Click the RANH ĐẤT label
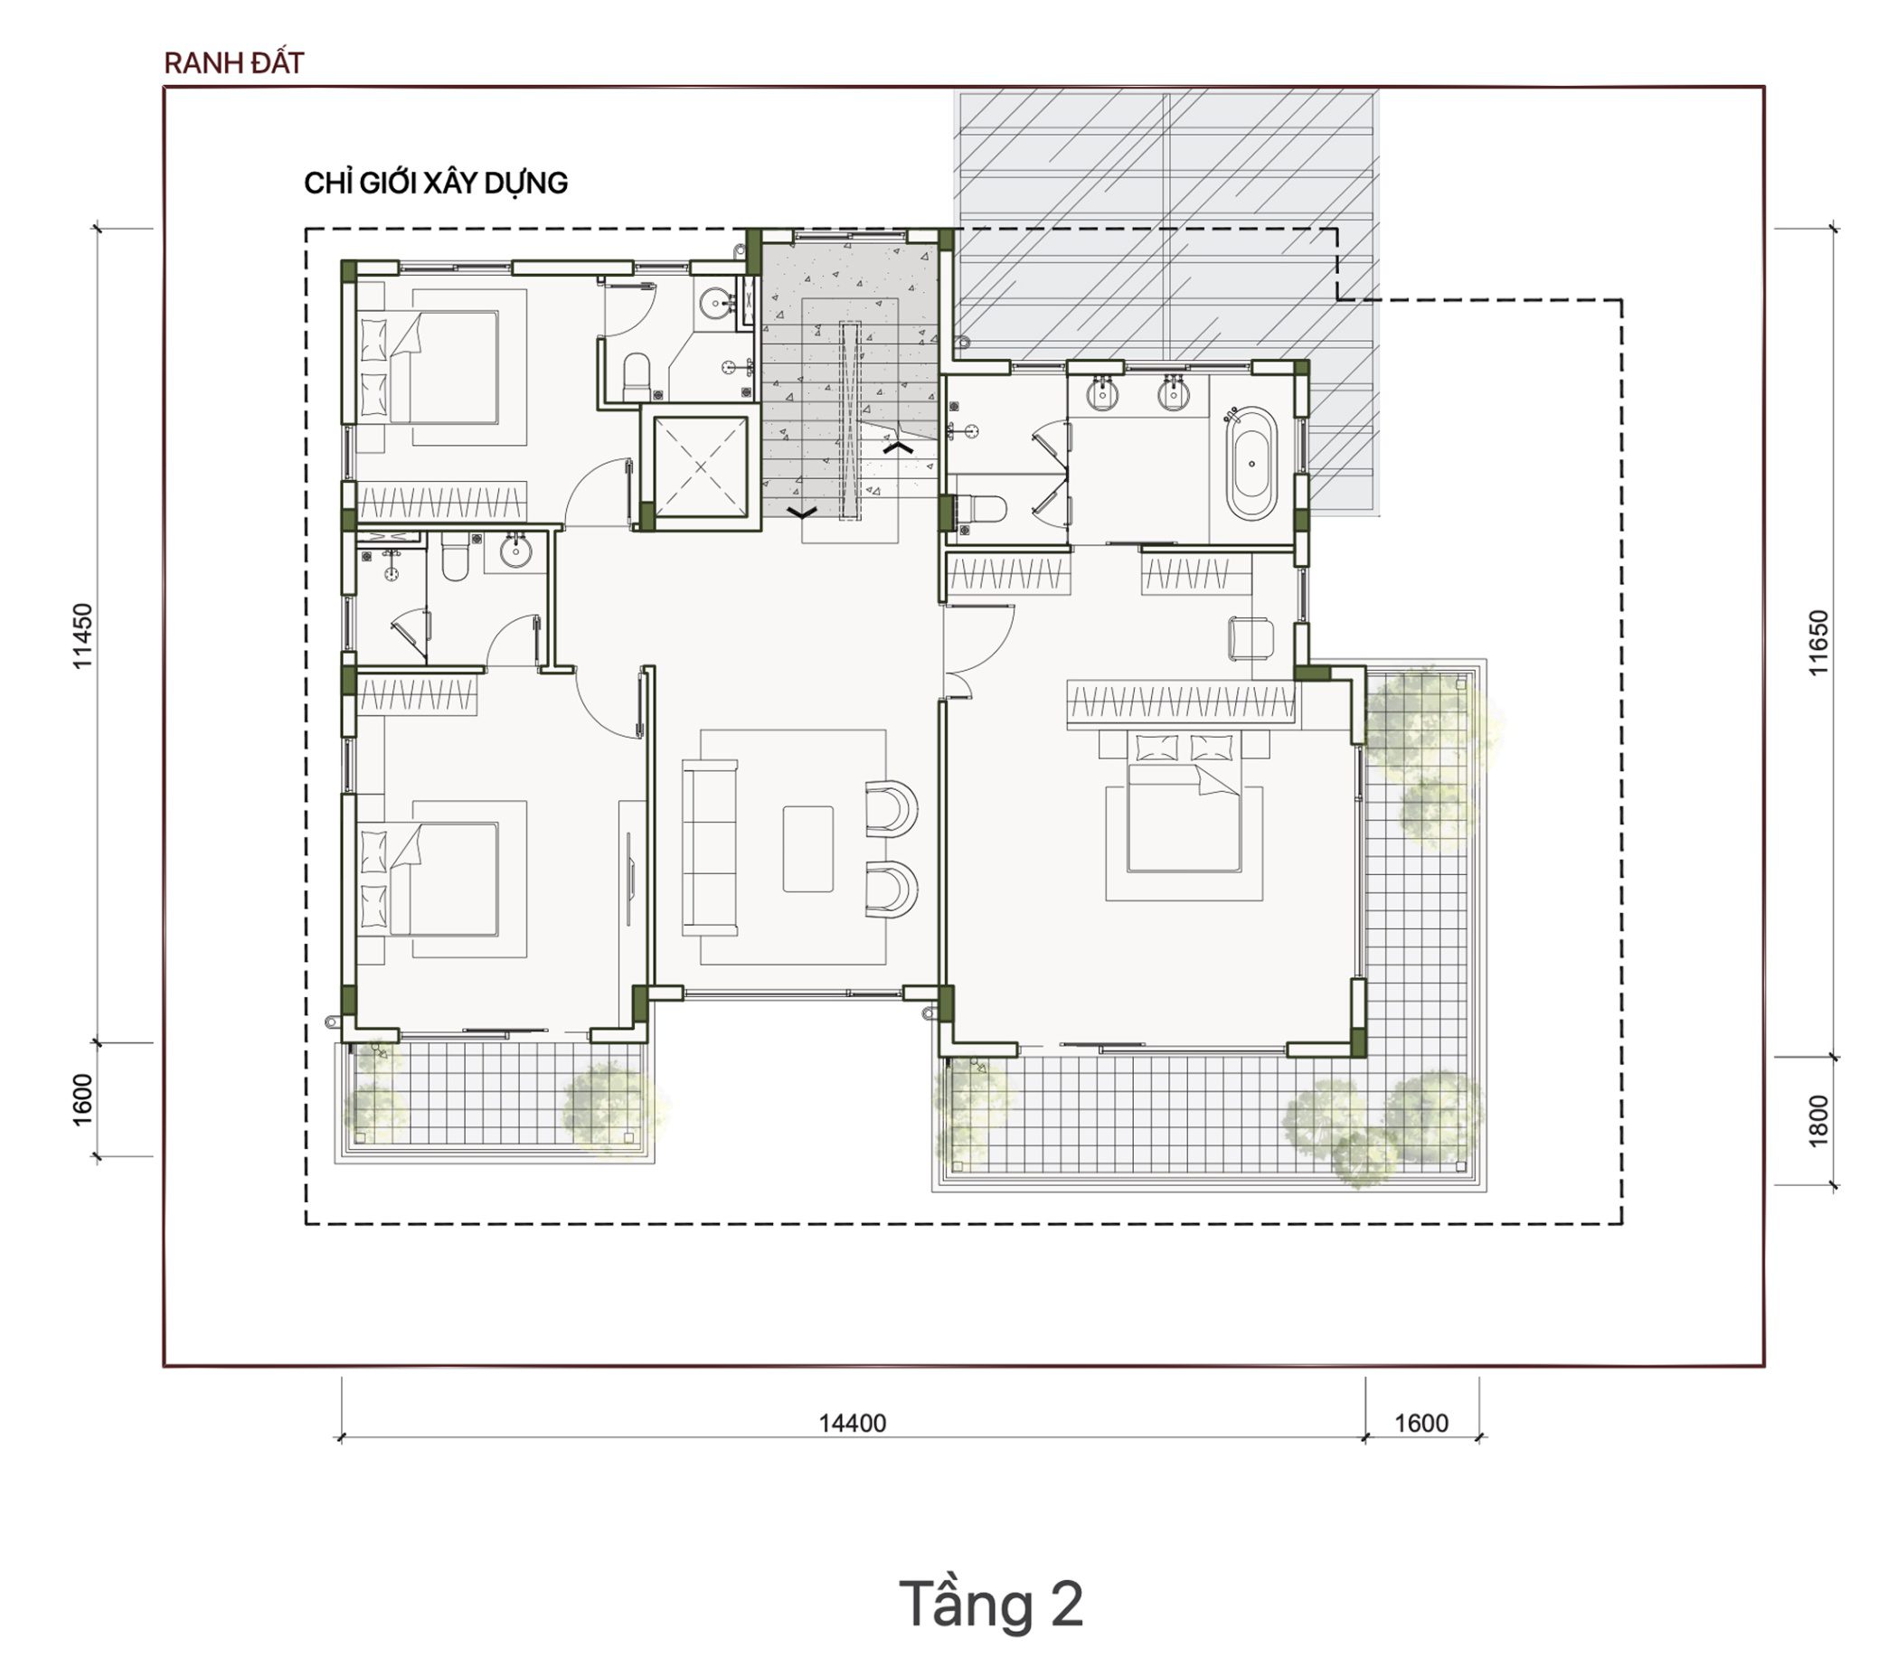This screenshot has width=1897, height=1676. pyautogui.click(x=234, y=63)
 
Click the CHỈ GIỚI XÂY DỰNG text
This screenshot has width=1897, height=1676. pyautogui.click(x=435, y=183)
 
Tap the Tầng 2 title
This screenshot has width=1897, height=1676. pyautogui.click(x=991, y=1604)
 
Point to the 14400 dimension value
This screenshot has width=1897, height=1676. pyautogui.click(x=852, y=1423)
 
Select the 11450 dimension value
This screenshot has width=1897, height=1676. pyautogui.click(x=82, y=636)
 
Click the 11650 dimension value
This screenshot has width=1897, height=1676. pyautogui.click(x=1818, y=642)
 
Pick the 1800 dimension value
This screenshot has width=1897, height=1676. pyautogui.click(x=1818, y=1121)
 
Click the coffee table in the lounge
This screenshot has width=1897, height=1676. pyautogui.click(x=807, y=848)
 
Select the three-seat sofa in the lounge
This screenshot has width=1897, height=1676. pyautogui.click(x=710, y=846)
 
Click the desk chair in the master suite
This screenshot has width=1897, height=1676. pyautogui.click(x=1251, y=638)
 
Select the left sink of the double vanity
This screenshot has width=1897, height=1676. pyautogui.click(x=1102, y=393)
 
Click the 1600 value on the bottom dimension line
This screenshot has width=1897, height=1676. pyautogui.click(x=1420, y=1423)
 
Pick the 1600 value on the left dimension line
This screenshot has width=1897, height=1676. pyautogui.click(x=82, y=1099)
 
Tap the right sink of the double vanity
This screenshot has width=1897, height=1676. pyautogui.click(x=1173, y=393)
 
